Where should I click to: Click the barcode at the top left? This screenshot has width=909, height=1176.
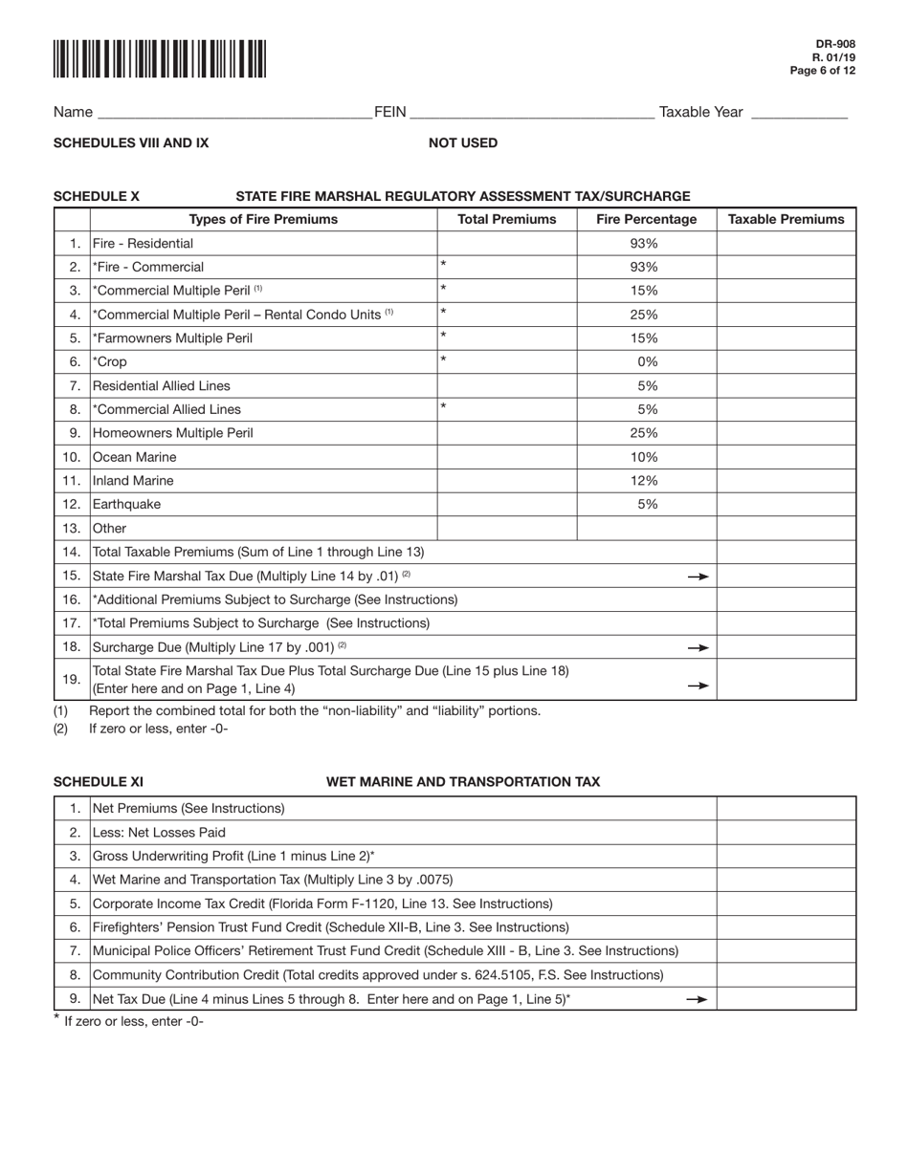click(160, 58)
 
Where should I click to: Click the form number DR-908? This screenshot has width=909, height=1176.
click(836, 44)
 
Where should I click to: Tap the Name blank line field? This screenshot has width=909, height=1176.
click(234, 113)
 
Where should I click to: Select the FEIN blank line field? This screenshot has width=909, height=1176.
click(532, 113)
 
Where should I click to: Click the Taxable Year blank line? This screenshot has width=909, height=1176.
click(799, 113)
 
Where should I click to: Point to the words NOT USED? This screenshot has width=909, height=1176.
click(463, 143)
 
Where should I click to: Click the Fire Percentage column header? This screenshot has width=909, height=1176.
click(647, 220)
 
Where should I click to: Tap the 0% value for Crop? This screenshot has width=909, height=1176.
click(648, 362)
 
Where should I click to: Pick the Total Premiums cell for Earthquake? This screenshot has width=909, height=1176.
click(507, 505)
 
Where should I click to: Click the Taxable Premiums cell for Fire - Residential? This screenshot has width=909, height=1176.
click(786, 244)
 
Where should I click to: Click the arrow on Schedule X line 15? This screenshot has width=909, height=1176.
click(698, 577)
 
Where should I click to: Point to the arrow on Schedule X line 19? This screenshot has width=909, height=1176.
click(698, 686)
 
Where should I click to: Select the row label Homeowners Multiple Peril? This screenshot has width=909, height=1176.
click(173, 433)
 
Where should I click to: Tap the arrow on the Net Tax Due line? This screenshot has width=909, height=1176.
click(698, 999)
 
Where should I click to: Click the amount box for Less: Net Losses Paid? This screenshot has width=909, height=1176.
click(786, 833)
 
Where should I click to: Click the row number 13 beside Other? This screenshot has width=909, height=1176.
click(72, 529)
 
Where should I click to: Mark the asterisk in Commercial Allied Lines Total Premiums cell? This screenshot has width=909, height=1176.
click(444, 407)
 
